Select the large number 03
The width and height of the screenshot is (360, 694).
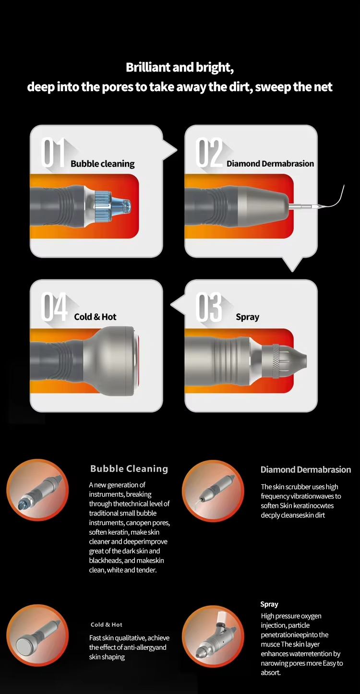(209, 308)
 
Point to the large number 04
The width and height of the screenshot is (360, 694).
(54, 308)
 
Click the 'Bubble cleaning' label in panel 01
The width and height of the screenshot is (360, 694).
(102, 164)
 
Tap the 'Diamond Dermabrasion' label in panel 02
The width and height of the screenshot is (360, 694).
(270, 164)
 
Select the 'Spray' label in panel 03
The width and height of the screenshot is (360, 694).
(247, 317)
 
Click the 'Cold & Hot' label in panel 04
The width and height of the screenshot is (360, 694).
(95, 317)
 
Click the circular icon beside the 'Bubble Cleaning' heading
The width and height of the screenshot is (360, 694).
(37, 490)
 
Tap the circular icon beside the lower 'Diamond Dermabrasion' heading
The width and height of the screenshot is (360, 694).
(213, 490)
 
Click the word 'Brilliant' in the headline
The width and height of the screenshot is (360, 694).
(148, 68)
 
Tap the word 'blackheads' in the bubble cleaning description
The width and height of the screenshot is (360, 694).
(106, 561)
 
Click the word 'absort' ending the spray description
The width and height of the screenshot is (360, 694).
(271, 673)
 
